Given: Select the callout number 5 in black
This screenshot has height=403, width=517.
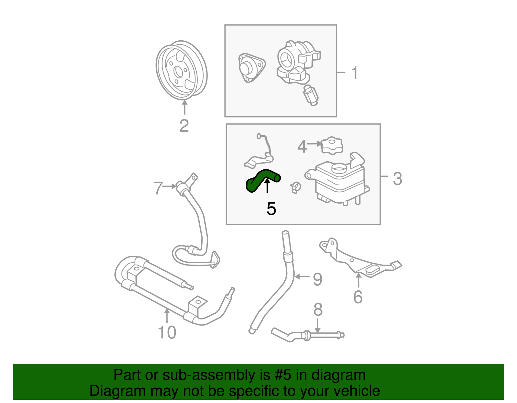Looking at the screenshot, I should [x=271, y=209].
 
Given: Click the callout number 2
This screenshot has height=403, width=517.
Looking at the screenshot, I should [x=184, y=126].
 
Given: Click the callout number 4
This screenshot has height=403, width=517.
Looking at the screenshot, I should [x=302, y=147].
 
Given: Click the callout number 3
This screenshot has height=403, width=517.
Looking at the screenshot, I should [x=397, y=178].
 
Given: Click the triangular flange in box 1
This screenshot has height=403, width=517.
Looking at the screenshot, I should [x=251, y=68].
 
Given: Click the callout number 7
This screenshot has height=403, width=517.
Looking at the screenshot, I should [x=158, y=188].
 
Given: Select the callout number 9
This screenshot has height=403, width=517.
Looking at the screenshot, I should [x=317, y=279].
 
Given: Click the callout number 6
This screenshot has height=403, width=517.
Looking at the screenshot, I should [x=358, y=297].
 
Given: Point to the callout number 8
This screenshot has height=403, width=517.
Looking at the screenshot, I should [x=318, y=310].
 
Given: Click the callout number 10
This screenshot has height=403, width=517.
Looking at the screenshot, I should [x=167, y=332].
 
